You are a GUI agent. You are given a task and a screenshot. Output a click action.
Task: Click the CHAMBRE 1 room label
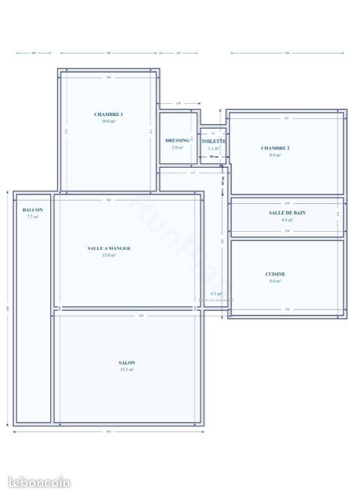[x=109, y=114]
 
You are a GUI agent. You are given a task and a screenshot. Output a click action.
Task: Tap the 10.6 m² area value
[x=109, y=121]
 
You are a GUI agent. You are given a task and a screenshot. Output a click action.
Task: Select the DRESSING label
[x=177, y=141]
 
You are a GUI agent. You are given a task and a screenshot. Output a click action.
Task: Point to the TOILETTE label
[x=214, y=142]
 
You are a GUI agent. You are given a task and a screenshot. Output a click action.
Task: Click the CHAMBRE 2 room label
[x=275, y=148]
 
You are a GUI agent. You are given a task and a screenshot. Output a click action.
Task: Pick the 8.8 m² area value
[x=275, y=155]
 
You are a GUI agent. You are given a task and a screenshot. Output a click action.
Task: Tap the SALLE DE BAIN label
[x=287, y=212]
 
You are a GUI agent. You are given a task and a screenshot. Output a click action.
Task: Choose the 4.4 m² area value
[x=287, y=219]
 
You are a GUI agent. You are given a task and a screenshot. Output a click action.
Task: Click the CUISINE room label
[x=275, y=274]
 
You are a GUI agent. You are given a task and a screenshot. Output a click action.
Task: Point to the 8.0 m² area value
[x=275, y=281]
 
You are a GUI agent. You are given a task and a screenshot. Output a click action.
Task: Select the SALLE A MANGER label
[x=109, y=248]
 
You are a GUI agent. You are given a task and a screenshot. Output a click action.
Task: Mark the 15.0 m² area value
[x=109, y=255]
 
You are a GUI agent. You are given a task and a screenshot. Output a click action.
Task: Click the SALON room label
[x=127, y=363]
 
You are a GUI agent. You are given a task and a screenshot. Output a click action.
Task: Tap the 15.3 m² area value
[x=127, y=370]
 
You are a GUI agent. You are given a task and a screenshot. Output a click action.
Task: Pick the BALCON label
[x=32, y=211]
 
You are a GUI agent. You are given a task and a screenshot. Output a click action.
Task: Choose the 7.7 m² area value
[x=32, y=217]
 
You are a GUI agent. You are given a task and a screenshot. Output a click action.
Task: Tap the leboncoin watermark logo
[x=40, y=482]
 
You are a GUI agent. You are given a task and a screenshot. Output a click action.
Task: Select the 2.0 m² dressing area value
[x=177, y=148]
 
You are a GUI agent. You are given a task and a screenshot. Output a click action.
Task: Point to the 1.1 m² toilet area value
[x=214, y=148]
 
